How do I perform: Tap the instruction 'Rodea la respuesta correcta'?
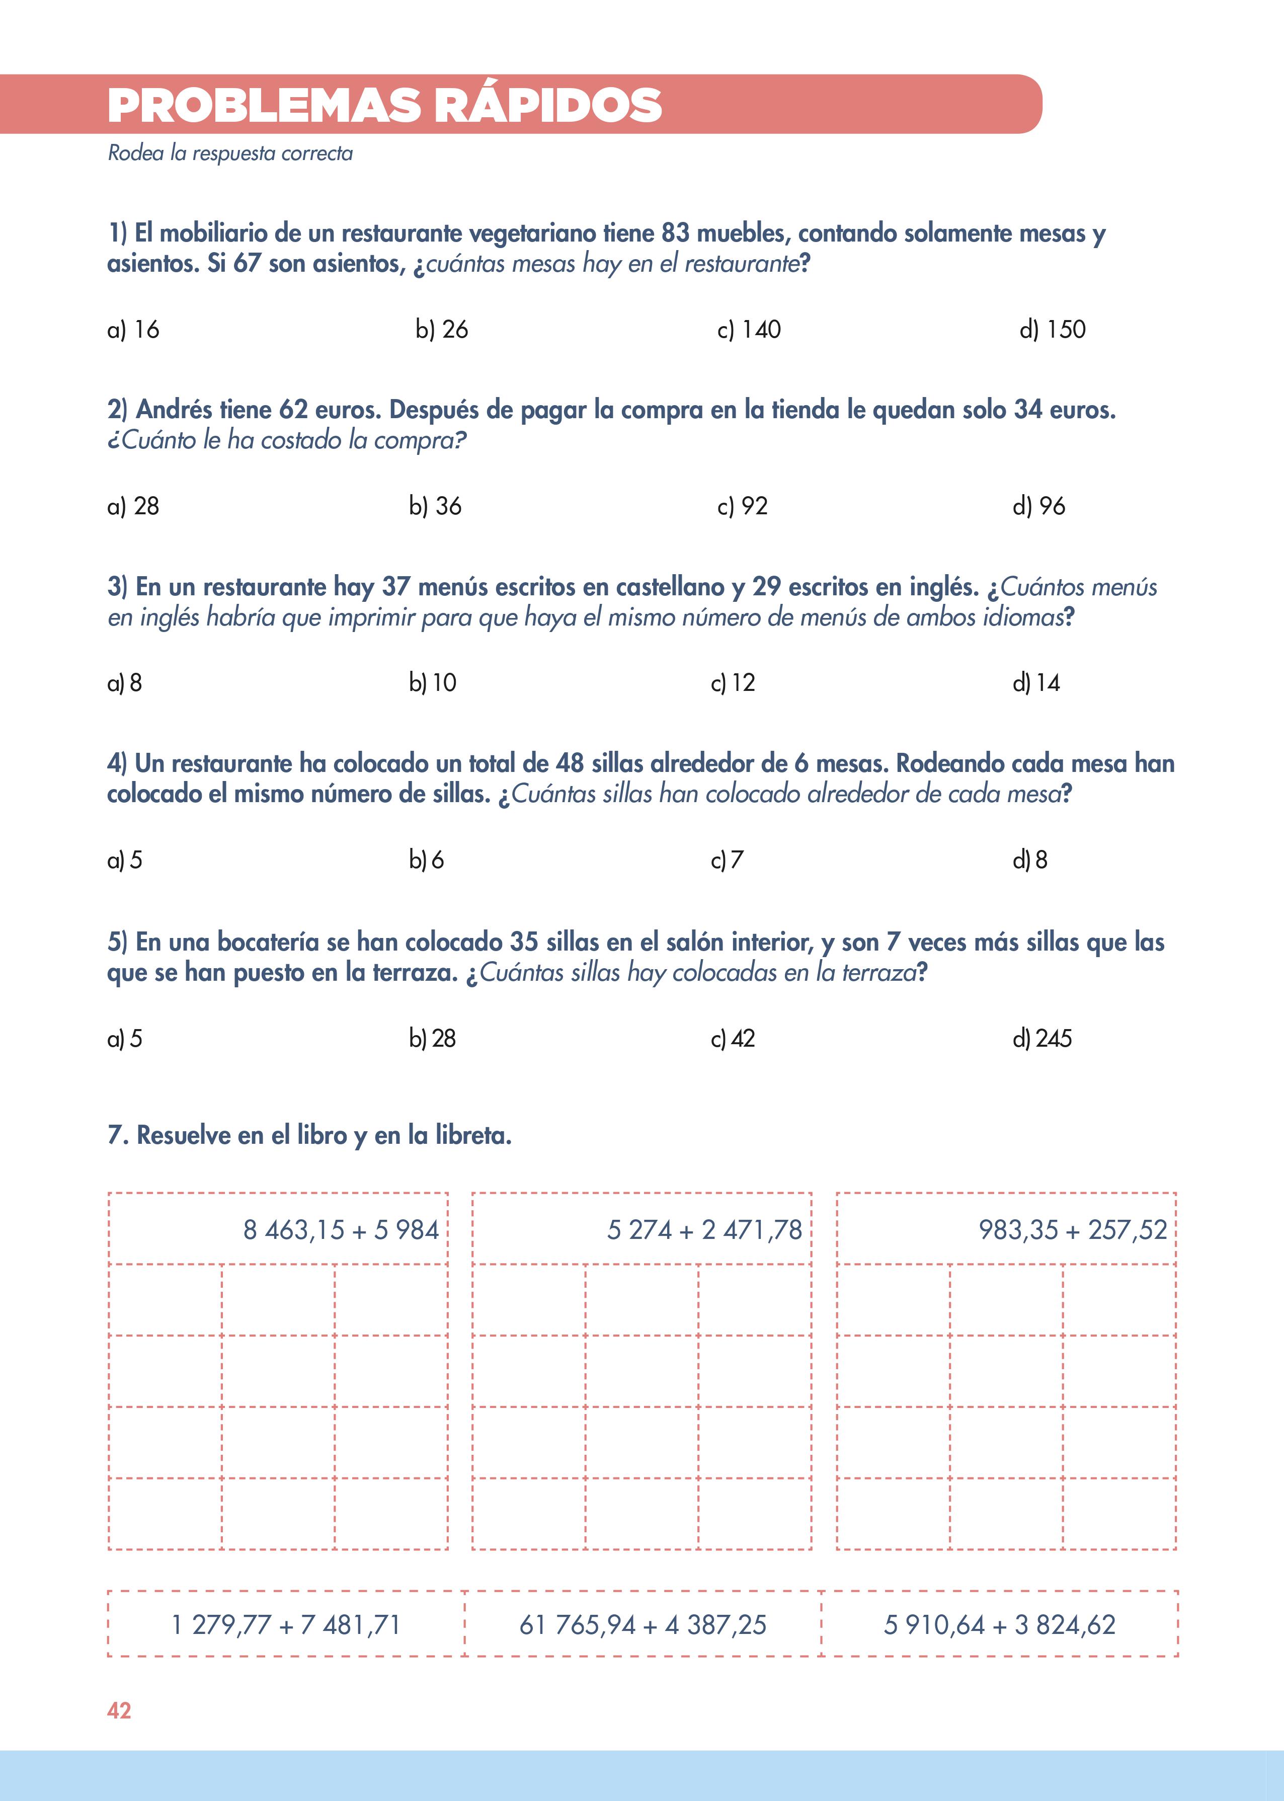click(x=230, y=153)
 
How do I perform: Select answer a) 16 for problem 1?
click(x=133, y=330)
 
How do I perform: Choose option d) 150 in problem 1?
click(x=1053, y=330)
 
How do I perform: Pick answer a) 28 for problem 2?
click(x=133, y=506)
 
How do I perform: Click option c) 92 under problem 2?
click(x=743, y=506)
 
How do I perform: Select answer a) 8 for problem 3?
click(x=125, y=683)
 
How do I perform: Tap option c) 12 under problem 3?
click(x=733, y=683)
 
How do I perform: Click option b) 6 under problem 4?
click(x=426, y=860)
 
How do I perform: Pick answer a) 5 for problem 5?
click(x=125, y=1039)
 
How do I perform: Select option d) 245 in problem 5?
click(x=1042, y=1039)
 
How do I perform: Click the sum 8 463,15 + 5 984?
click(x=341, y=1230)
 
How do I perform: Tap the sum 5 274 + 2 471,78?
click(x=704, y=1230)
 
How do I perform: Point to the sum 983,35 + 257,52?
click(x=1072, y=1230)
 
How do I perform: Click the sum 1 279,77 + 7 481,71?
click(x=286, y=1625)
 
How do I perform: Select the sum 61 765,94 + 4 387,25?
click(x=643, y=1625)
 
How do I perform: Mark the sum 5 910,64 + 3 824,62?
click(x=999, y=1625)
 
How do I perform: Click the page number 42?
click(x=119, y=1711)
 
